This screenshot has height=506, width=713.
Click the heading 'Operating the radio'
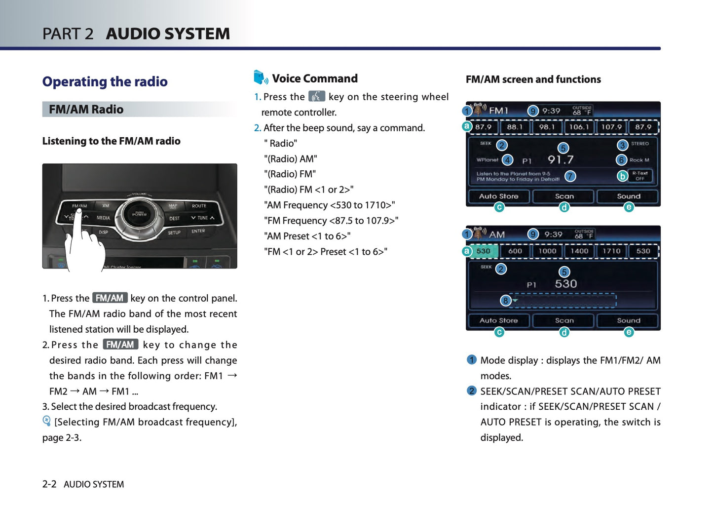coord(105,81)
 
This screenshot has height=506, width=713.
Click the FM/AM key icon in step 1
coord(110,298)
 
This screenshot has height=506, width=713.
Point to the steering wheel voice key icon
coord(316,96)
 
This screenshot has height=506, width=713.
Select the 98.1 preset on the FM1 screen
coord(547,127)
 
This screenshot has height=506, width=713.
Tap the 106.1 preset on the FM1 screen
coord(579,127)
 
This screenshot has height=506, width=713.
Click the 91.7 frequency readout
coord(561,159)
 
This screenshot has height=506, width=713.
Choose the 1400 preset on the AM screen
coord(579,251)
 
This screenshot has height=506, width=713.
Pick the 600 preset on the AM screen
coord(515,251)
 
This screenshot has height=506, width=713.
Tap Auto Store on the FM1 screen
coord(498,196)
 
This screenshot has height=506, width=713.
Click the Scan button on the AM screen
coord(564,320)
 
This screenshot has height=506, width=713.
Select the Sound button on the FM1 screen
coord(628,196)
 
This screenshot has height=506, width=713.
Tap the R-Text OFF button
coord(640,176)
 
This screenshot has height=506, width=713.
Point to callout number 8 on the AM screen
coord(505,300)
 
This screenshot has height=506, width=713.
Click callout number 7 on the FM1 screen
coord(570,176)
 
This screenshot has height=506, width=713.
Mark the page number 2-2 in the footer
coord(49,484)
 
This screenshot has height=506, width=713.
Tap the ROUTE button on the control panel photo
coord(199,206)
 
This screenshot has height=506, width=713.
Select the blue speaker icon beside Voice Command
coord(261,78)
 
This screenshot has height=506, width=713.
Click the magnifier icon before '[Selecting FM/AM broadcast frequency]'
coord(46,421)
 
